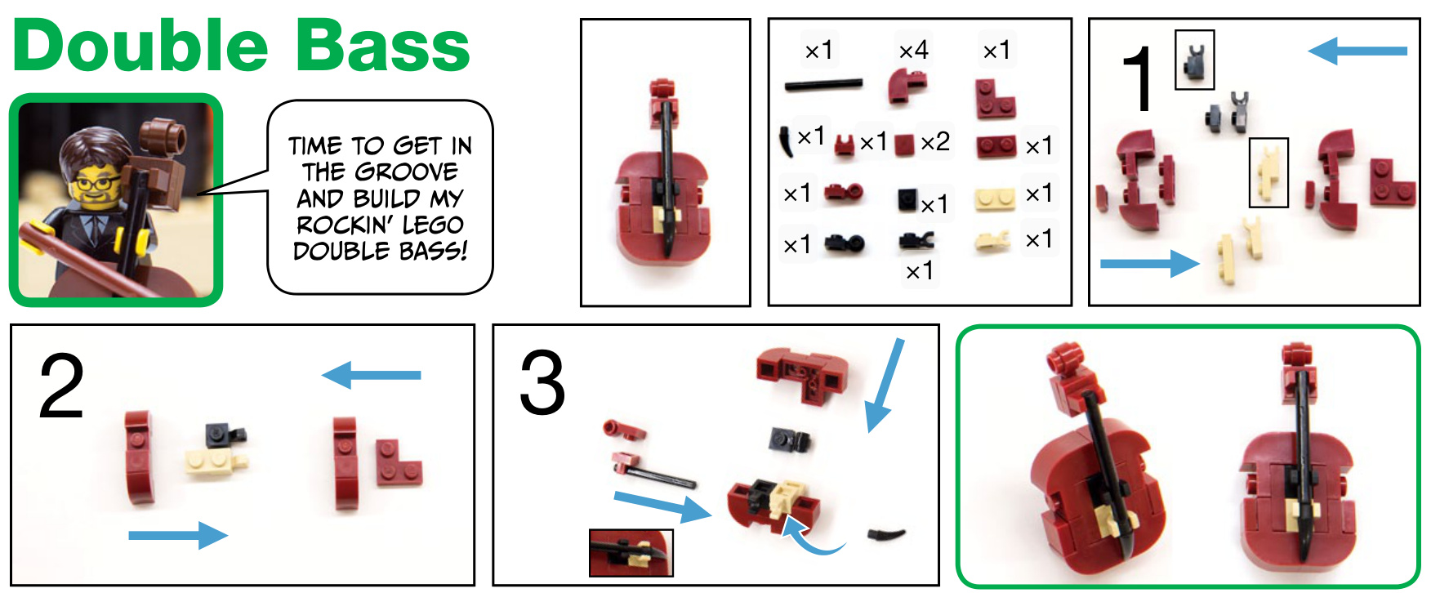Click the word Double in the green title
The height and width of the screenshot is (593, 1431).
click(x=140, y=46)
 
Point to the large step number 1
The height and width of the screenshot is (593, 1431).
click(x=1138, y=78)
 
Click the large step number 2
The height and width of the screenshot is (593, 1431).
click(x=61, y=386)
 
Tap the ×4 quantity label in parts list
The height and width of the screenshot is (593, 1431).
click(x=913, y=51)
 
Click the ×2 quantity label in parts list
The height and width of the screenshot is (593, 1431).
click(x=935, y=142)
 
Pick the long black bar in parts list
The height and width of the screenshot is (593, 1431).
click(x=823, y=84)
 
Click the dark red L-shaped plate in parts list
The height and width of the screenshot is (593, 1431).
click(x=995, y=99)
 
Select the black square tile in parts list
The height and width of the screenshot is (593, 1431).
click(x=907, y=198)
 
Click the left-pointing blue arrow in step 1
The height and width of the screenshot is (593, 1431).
click(x=1357, y=51)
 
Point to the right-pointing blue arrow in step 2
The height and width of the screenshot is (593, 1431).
click(x=178, y=535)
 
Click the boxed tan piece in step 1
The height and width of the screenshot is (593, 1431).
click(x=1268, y=172)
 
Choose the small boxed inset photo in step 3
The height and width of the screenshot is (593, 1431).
click(x=631, y=553)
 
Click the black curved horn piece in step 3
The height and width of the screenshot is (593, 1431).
click(x=886, y=536)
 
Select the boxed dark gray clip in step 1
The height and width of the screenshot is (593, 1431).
click(x=1194, y=60)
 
